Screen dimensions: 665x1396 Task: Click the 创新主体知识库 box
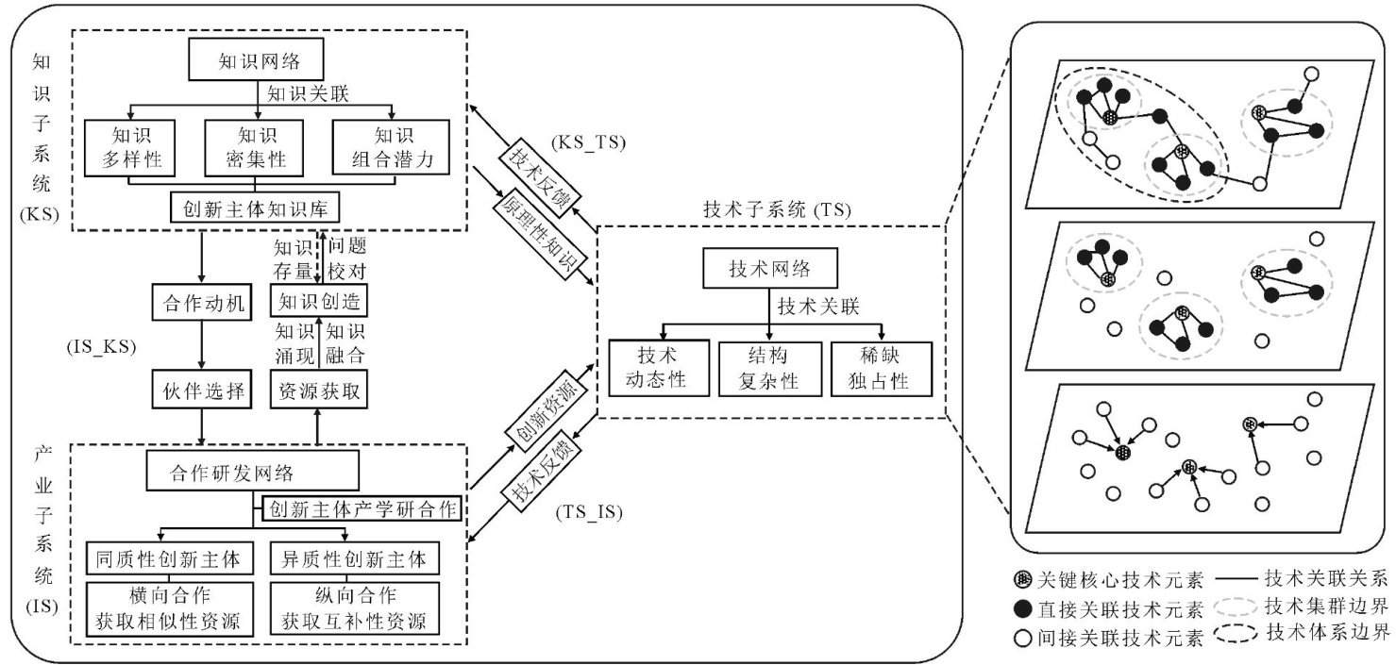[x=255, y=207]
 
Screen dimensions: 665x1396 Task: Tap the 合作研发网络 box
[x=253, y=471]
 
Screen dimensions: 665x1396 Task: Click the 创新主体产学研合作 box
[x=362, y=510]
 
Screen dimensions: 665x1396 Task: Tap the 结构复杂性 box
[x=771, y=368]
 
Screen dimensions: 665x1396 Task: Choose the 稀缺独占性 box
[x=882, y=368]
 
